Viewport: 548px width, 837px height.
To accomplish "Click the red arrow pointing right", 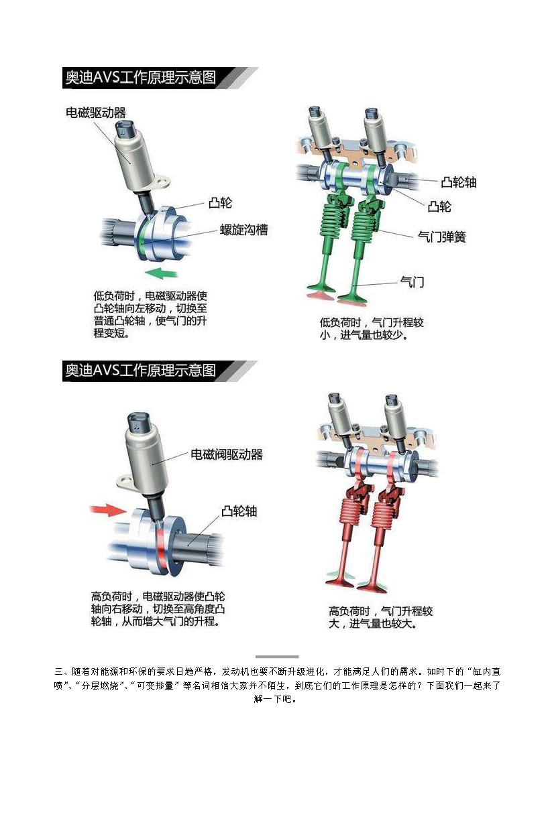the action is click(109, 510).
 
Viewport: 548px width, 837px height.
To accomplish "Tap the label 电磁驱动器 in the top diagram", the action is click(96, 113).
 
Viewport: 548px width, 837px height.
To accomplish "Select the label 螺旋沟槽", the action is click(244, 229).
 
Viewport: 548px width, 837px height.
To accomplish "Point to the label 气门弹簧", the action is click(442, 237).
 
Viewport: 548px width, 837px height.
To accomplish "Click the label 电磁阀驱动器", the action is click(227, 454).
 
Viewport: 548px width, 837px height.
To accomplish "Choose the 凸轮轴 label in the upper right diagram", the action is click(459, 182).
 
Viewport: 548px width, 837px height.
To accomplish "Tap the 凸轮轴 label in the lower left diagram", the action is click(239, 511).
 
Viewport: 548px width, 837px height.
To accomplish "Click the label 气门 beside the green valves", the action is click(413, 281).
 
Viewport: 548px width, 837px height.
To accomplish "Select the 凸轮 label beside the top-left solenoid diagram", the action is click(220, 203).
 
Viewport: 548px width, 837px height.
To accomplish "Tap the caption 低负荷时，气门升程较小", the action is click(372, 328).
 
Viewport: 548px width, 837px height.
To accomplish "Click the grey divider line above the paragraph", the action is click(277, 657).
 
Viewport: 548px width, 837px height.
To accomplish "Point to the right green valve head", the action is click(353, 297).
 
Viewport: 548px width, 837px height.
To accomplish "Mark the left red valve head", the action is click(339, 584).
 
